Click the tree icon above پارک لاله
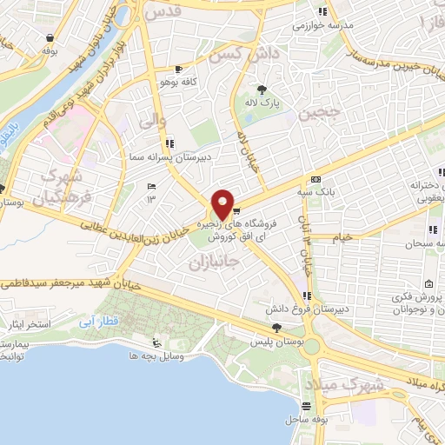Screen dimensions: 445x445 click(x=262, y=89)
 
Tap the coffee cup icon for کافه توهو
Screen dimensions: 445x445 click(x=178, y=68)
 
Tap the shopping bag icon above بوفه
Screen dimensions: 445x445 click(x=51, y=37)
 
